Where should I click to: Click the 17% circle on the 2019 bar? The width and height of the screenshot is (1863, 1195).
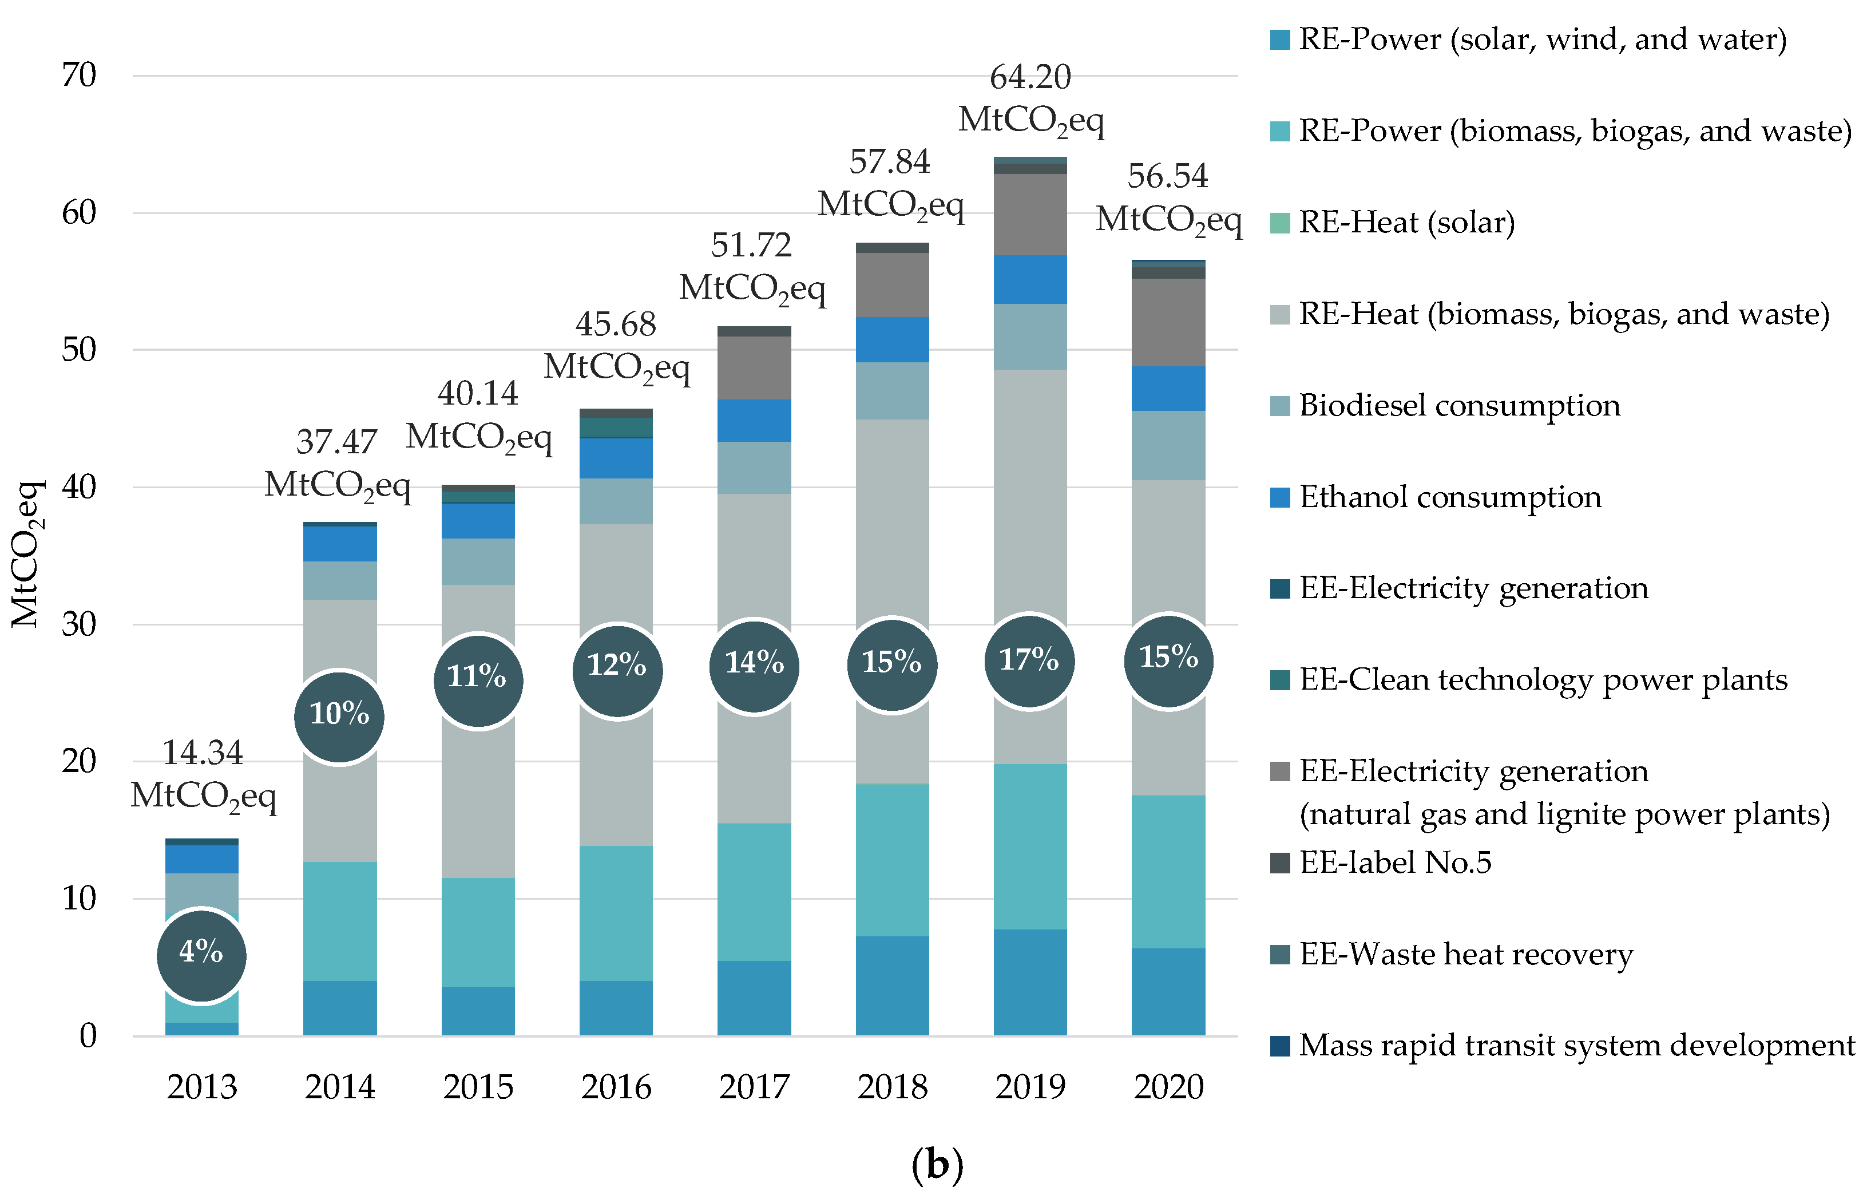pos(1029,661)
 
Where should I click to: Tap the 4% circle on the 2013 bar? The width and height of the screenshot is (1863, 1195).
pos(201,955)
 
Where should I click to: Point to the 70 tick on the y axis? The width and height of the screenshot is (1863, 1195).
pos(79,76)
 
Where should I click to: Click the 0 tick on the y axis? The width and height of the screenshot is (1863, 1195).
pos(89,1036)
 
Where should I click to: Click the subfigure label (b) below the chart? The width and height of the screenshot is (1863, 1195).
pos(937,1165)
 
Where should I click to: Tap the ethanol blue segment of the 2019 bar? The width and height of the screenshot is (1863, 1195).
pos(1030,279)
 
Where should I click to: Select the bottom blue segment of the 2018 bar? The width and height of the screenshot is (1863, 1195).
pos(892,986)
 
